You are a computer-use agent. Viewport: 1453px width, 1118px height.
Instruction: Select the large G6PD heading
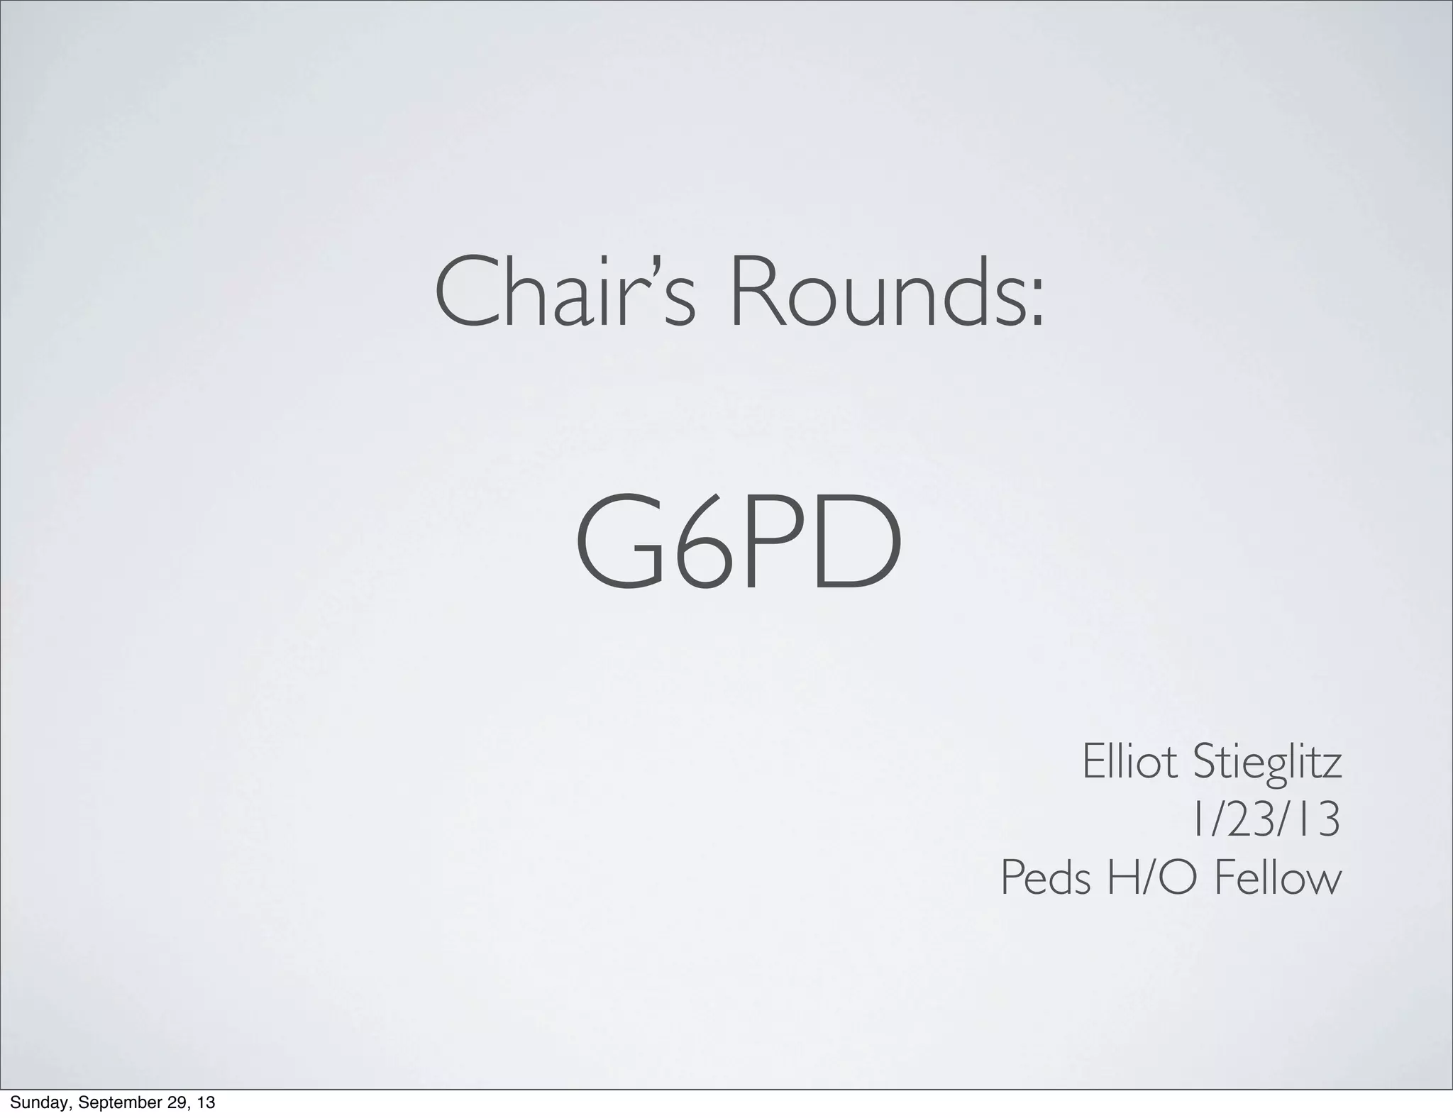(738, 543)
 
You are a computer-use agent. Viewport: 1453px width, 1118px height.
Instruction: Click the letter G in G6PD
(621, 543)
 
